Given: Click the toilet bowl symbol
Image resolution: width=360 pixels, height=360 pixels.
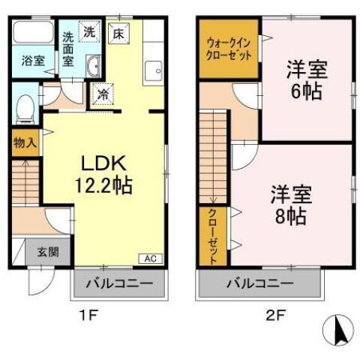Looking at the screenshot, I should click(x=24, y=109).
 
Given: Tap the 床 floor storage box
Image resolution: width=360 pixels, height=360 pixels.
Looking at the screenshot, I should click(x=118, y=32).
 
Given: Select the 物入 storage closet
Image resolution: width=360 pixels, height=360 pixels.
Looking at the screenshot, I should click(x=25, y=142).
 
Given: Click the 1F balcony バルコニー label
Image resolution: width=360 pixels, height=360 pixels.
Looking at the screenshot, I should click(x=118, y=283).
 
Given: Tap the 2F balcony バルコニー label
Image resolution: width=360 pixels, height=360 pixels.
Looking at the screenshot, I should click(x=261, y=283).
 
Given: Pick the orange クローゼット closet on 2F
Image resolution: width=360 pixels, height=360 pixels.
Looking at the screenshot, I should click(x=213, y=236).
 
